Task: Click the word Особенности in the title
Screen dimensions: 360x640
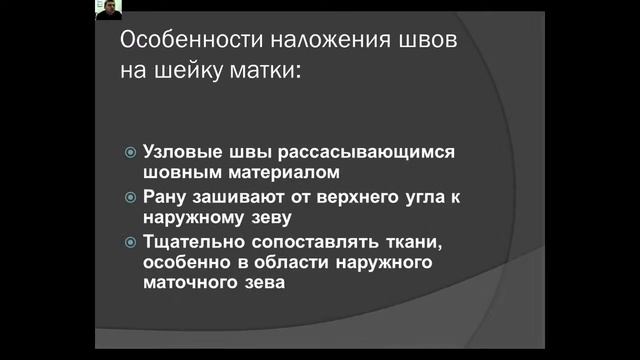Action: click(x=175, y=43)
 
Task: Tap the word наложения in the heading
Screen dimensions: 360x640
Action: click(x=294, y=43)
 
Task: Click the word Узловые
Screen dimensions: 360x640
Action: click(x=181, y=152)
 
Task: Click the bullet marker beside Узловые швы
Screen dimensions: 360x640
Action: click(x=130, y=152)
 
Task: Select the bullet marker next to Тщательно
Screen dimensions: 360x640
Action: click(x=130, y=242)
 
